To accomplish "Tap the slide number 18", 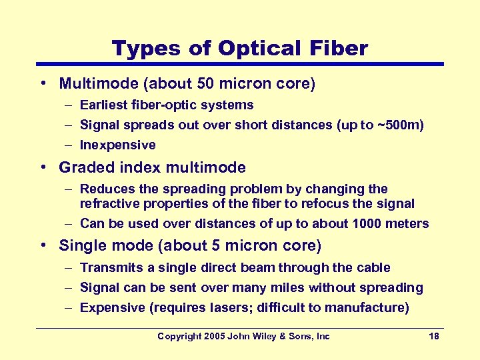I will click(434, 336).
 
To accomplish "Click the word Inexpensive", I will click(118, 145).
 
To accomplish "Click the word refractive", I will click(109, 203).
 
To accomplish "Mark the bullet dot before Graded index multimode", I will click(43, 167).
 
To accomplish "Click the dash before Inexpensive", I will click(70, 145).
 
